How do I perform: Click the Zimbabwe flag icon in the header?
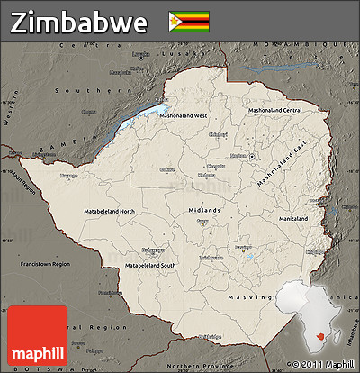pos(189,21)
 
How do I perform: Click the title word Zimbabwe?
pos(79,22)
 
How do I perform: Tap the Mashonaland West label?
pos(184,115)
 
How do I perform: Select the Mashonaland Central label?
pos(274,110)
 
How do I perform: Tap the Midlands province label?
pos(203,210)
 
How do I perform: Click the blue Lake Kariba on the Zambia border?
pos(135,117)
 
